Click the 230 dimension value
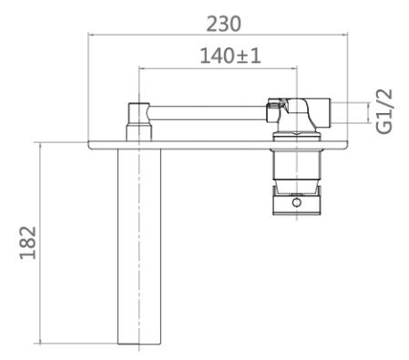pyautogui.click(x=223, y=24)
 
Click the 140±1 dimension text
pyautogui.click(x=230, y=56)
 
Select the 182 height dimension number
pyautogui.click(x=28, y=242)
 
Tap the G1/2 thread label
pyautogui.click(x=384, y=111)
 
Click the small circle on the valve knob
pyautogui.click(x=296, y=202)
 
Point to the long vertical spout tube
pyautogui.click(x=139, y=246)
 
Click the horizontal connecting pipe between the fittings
pyautogui.click(x=208, y=113)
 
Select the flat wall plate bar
pyautogui.click(x=218, y=145)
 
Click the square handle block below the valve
pyautogui.click(x=297, y=201)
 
